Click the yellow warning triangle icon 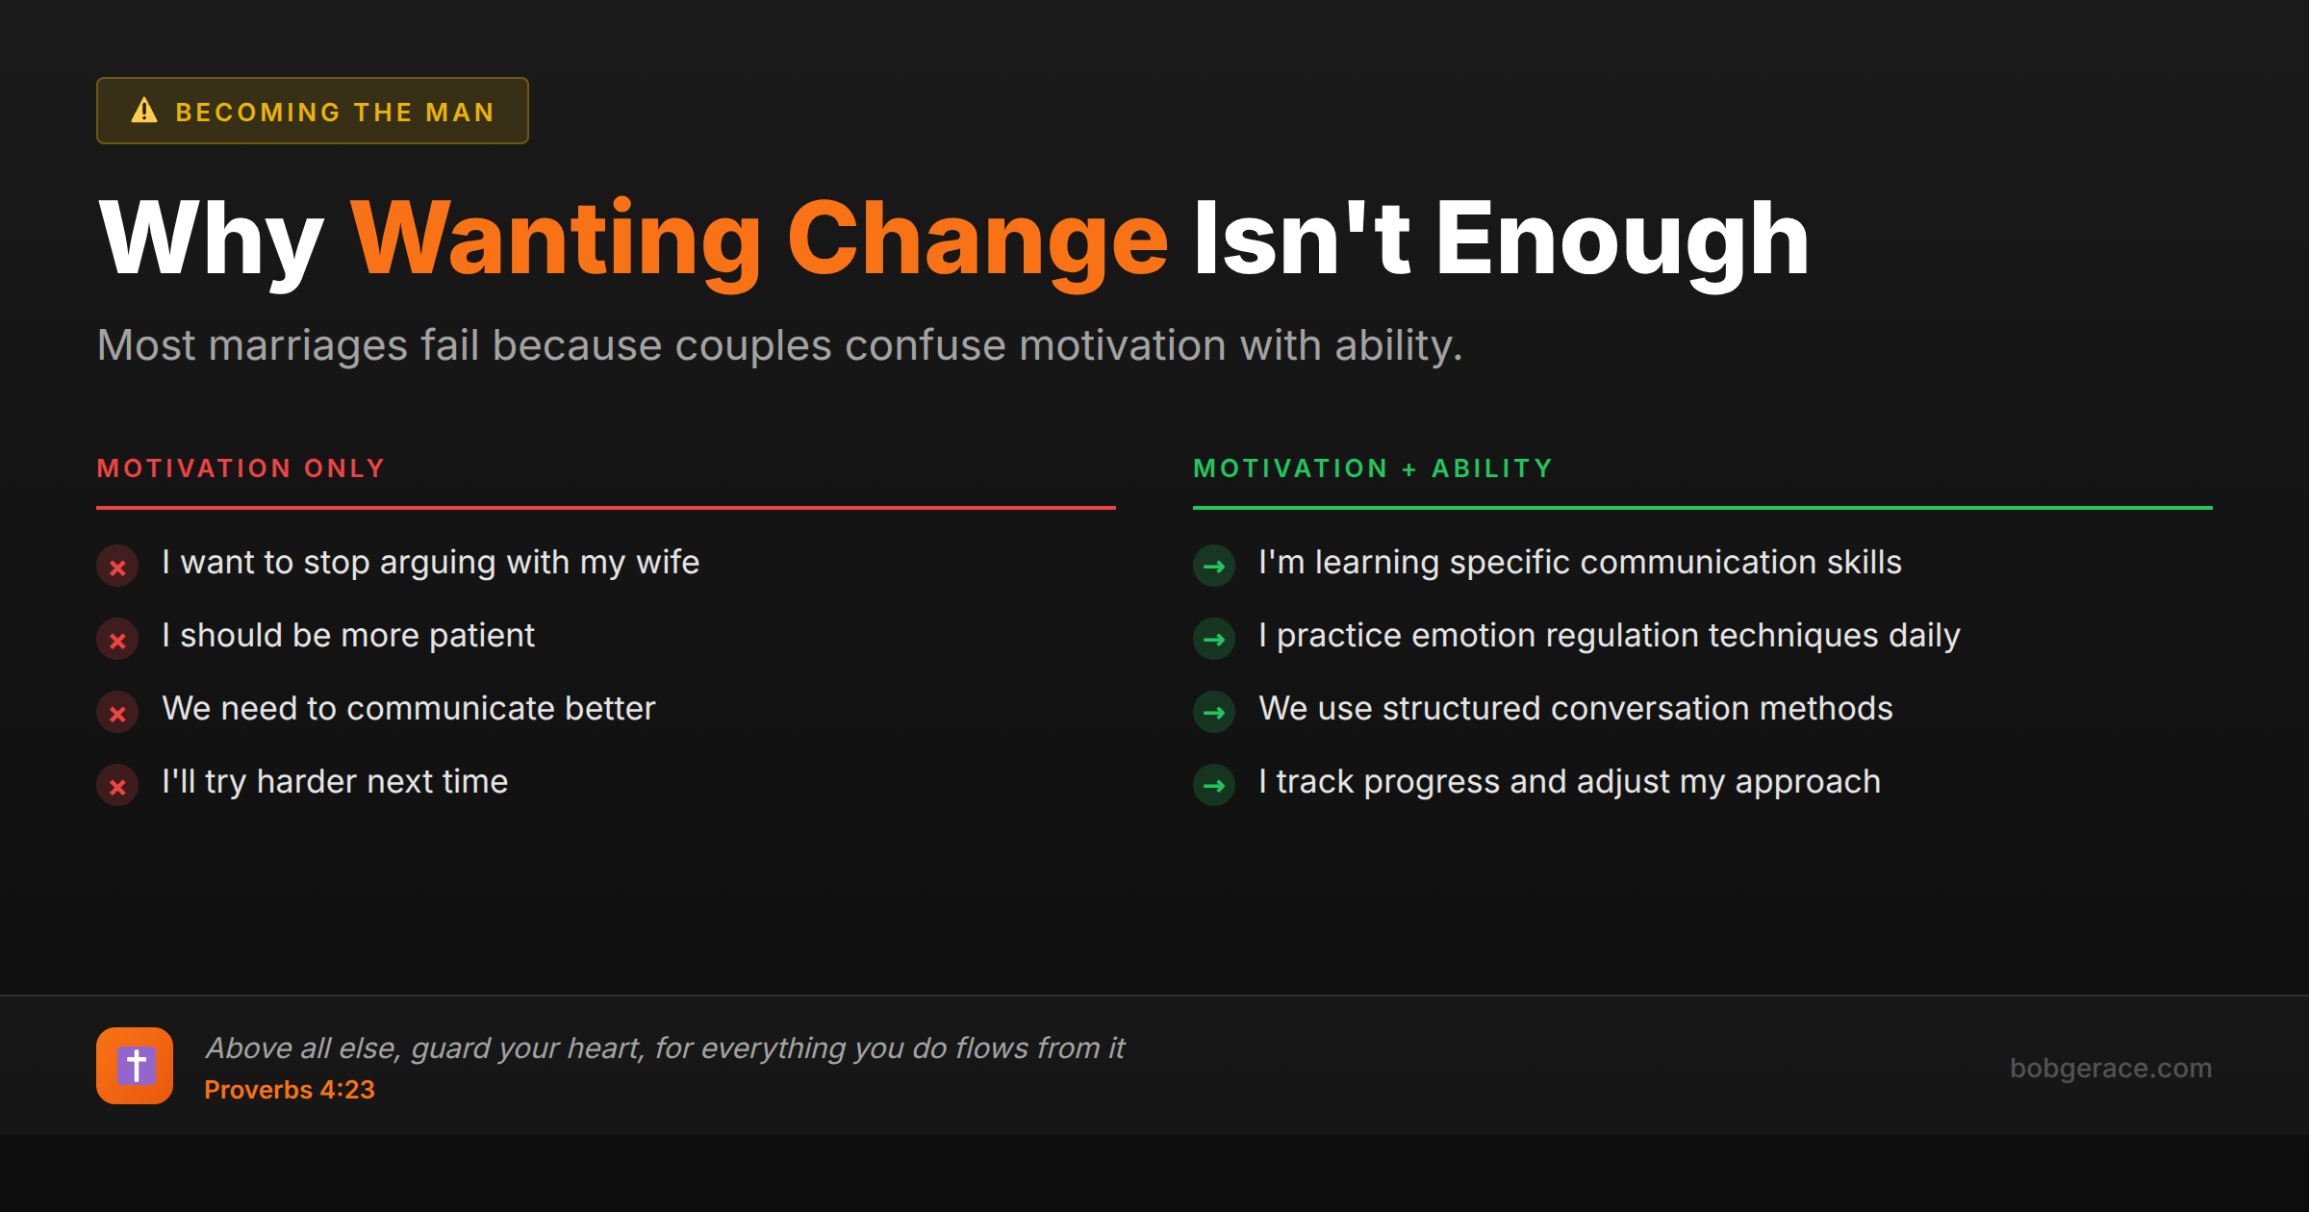[144, 111]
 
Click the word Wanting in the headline [556, 240]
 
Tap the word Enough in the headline [1622, 240]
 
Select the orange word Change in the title [977, 240]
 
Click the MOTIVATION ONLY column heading [241, 468]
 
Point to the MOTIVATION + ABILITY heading [1373, 468]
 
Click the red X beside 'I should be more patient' [117, 640]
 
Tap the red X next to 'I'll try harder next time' [117, 786]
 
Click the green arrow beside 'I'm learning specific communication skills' [1214, 566]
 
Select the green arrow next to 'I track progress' [1214, 786]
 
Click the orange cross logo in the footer [135, 1066]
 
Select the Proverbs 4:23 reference [290, 1090]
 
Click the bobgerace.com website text [2111, 1068]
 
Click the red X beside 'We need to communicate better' [117, 713]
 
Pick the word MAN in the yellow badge [460, 113]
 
